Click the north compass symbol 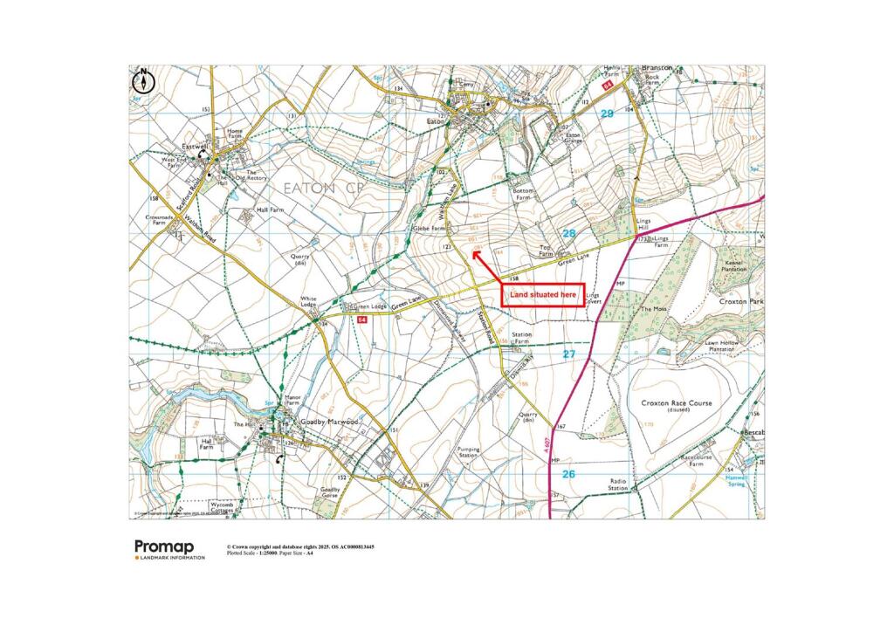coord(143,82)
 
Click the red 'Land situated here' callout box coord(542,296)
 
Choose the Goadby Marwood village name coord(330,422)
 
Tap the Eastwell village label coord(192,147)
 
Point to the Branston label coord(657,67)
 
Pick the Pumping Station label coord(469,452)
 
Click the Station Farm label coord(522,338)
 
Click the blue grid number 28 coord(569,234)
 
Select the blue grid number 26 coord(568,474)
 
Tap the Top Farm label coord(547,251)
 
